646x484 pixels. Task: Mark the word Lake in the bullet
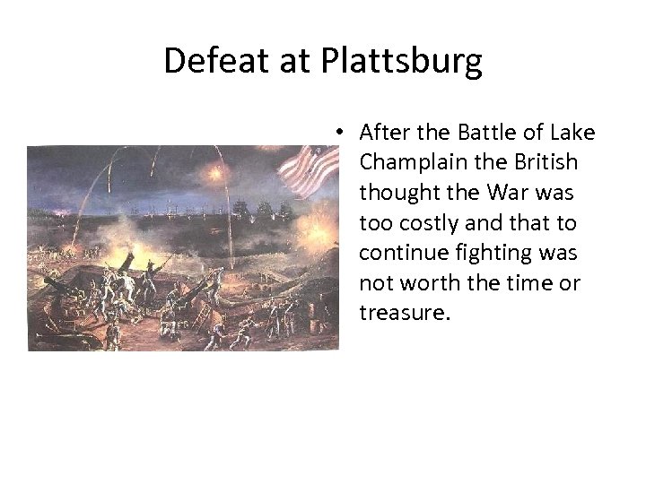click(574, 134)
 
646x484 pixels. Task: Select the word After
click(386, 134)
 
